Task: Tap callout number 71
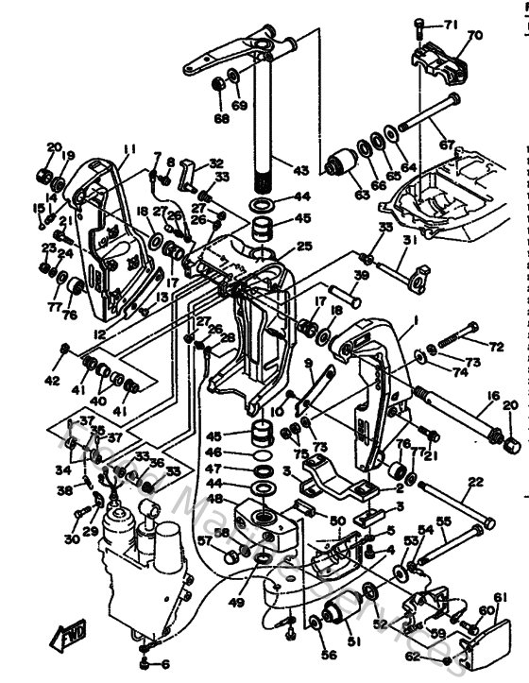[x=450, y=23]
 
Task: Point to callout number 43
[x=300, y=171]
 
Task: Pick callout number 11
[x=129, y=148]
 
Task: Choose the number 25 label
[x=303, y=246]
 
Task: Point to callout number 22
[x=474, y=483]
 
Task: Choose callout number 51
[x=355, y=643]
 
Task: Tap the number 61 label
[x=499, y=596]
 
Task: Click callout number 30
[x=73, y=538]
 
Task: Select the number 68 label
[x=221, y=119]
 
